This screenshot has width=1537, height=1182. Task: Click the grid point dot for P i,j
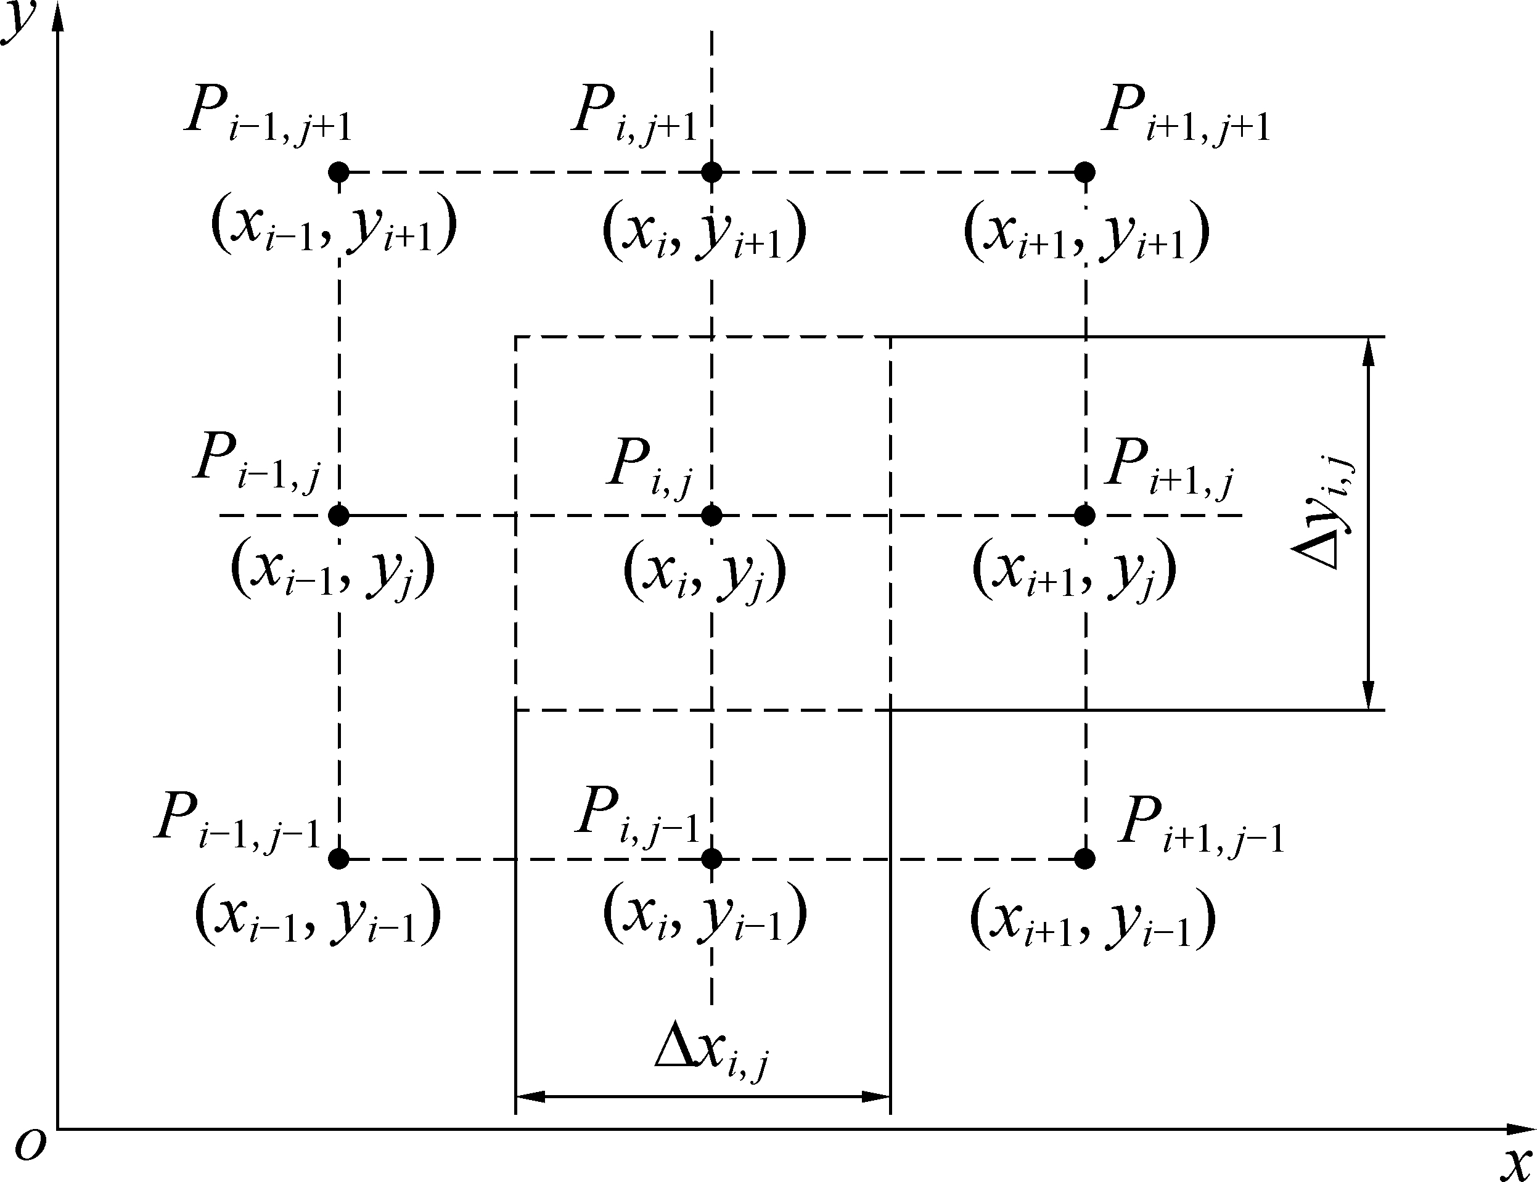711,516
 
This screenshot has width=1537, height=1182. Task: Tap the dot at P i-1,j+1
339,172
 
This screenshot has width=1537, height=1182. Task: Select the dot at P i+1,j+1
1084,172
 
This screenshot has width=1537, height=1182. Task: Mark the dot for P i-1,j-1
339,859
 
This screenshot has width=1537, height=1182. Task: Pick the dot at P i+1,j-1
1084,859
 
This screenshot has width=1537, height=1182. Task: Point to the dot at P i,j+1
711,172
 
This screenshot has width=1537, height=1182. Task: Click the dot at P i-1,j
339,516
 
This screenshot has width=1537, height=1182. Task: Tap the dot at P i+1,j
1084,516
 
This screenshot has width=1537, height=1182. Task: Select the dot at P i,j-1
711,859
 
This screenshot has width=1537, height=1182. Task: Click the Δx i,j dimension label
711,1059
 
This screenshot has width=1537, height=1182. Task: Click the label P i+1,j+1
1186,115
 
